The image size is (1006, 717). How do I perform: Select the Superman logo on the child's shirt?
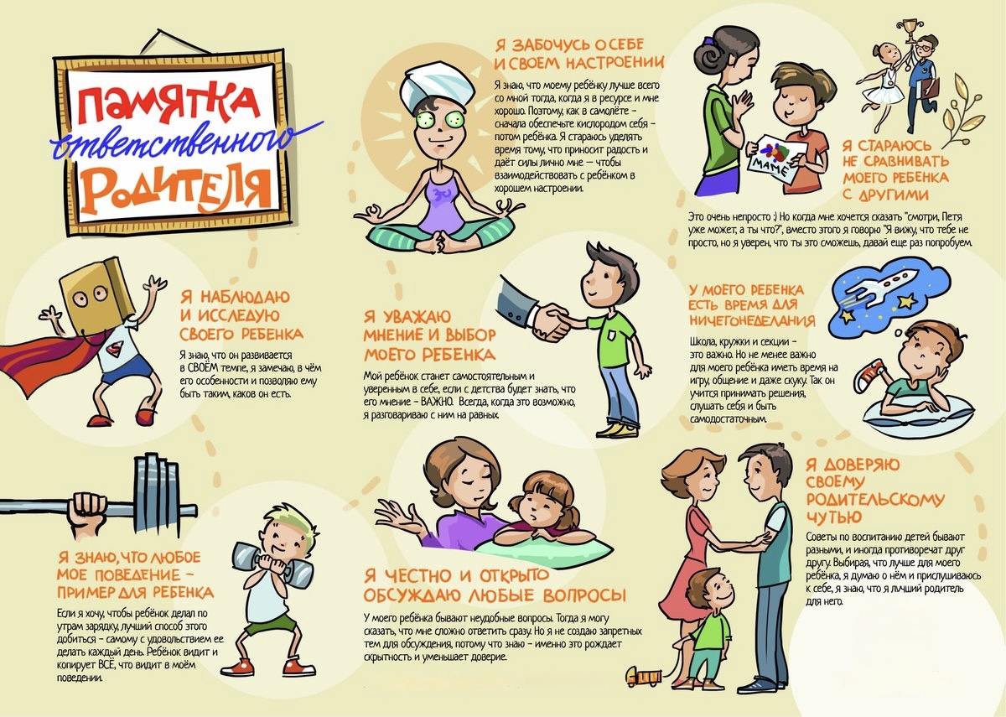pos(117,347)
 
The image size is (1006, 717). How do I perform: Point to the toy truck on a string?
pos(645,676)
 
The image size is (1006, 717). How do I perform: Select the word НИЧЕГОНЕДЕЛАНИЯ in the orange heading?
pos(752,320)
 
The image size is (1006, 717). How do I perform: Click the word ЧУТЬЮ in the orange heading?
pos(834,517)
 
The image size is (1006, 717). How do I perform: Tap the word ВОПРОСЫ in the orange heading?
pos(584,595)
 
